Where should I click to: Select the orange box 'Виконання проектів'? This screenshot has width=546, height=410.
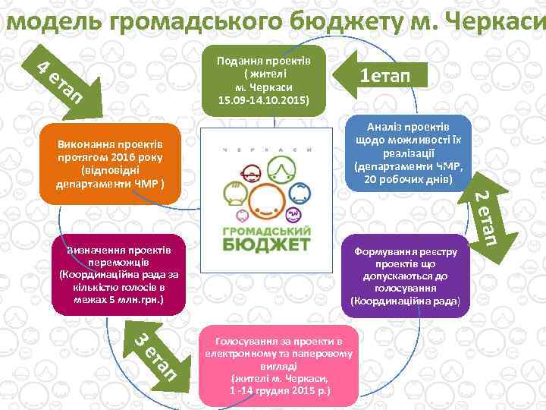tap(109, 164)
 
